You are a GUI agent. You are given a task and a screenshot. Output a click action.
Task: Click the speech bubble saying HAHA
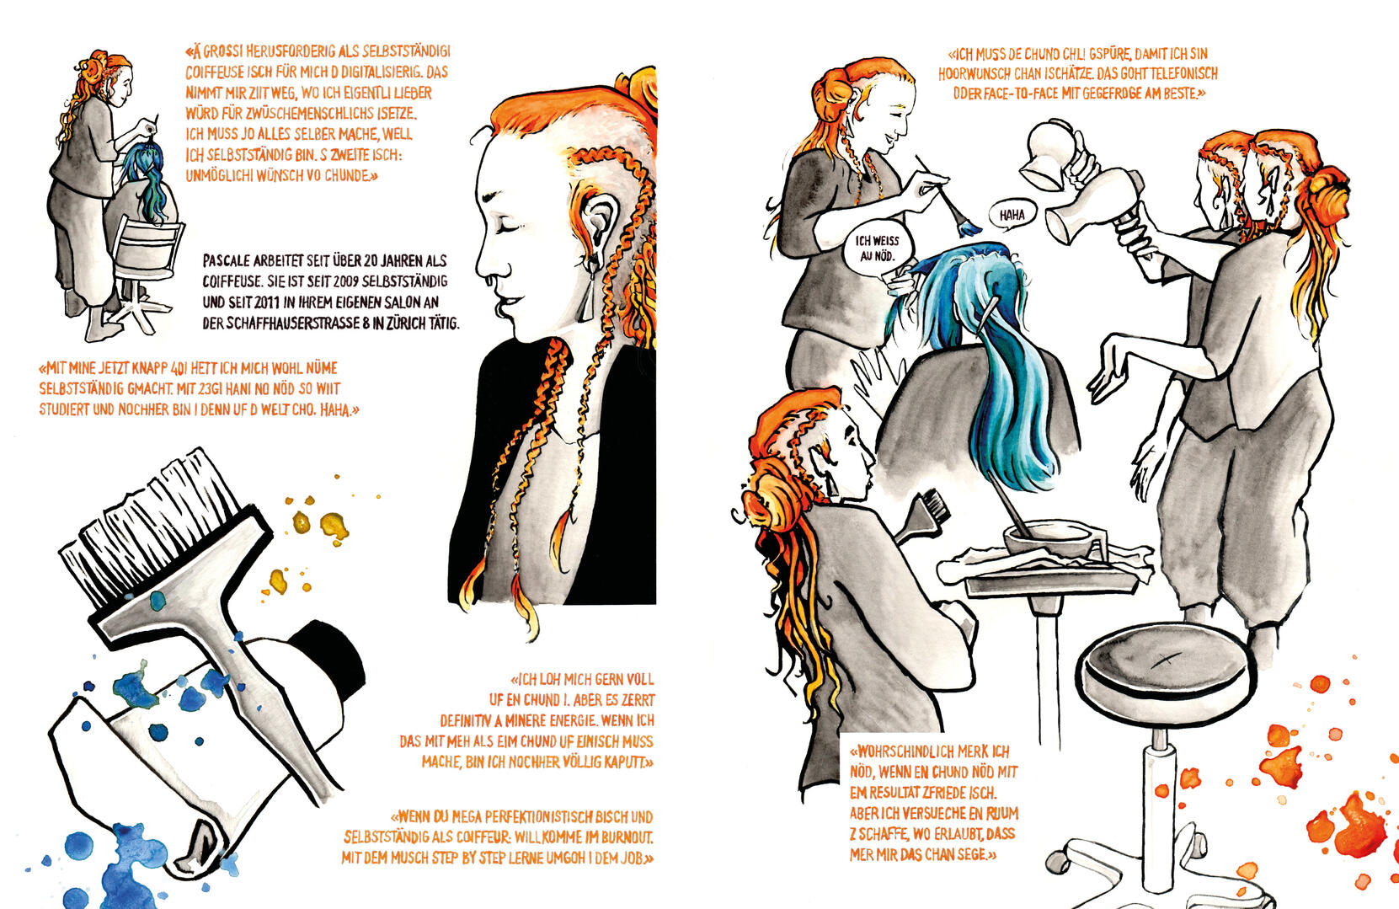[1012, 216]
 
